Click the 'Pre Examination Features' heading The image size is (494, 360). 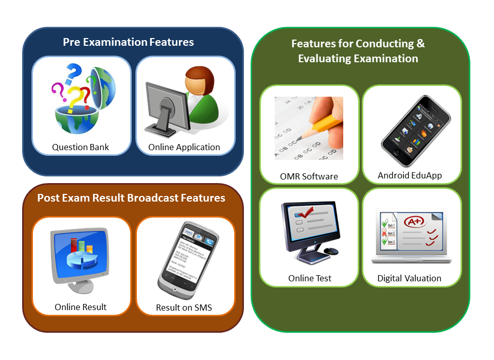128,42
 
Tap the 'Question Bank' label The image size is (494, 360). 80,147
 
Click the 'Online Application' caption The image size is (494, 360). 184,147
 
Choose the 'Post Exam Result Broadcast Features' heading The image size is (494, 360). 131,198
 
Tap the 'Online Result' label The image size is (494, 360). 80,307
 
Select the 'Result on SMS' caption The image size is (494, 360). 184,308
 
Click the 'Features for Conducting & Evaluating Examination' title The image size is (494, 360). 358,51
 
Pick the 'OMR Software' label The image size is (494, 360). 309,176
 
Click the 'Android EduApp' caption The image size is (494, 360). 410,175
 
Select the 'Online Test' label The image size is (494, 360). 309,278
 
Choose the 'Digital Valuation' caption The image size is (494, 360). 409,278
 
